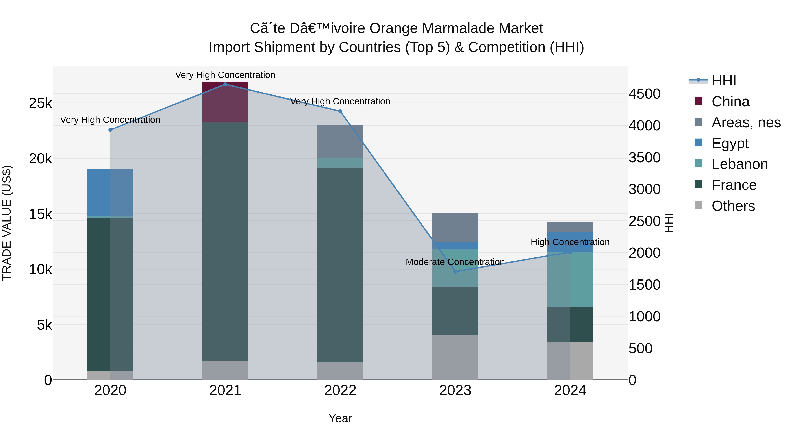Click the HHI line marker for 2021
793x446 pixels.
point(225,84)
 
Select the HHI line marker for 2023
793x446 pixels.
point(455,272)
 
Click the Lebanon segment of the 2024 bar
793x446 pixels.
point(570,279)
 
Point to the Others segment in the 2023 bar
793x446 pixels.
point(455,357)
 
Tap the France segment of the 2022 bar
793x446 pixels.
point(340,265)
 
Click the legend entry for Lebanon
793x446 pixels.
point(739,164)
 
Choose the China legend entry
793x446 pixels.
point(730,102)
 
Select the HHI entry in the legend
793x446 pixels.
point(723,81)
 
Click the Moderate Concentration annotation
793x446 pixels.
point(455,262)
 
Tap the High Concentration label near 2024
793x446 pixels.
point(570,242)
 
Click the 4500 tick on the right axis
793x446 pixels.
point(644,94)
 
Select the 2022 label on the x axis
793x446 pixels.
point(340,390)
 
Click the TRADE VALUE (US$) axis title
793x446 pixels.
point(7,223)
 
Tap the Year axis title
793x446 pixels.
point(340,418)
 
